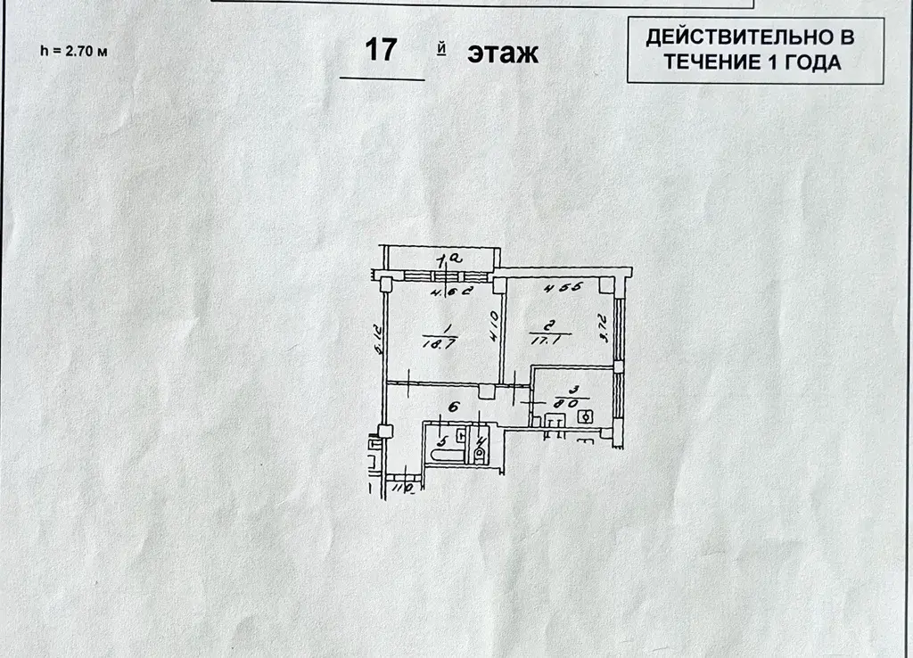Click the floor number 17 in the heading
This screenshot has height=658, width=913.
(382, 51)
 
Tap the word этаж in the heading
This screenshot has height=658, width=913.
(503, 53)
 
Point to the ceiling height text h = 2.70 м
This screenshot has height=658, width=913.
(75, 51)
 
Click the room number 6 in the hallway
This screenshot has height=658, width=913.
(452, 407)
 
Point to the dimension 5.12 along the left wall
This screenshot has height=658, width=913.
(378, 340)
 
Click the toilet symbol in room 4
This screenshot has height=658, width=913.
(480, 453)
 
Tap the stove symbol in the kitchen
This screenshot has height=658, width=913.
(586, 415)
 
